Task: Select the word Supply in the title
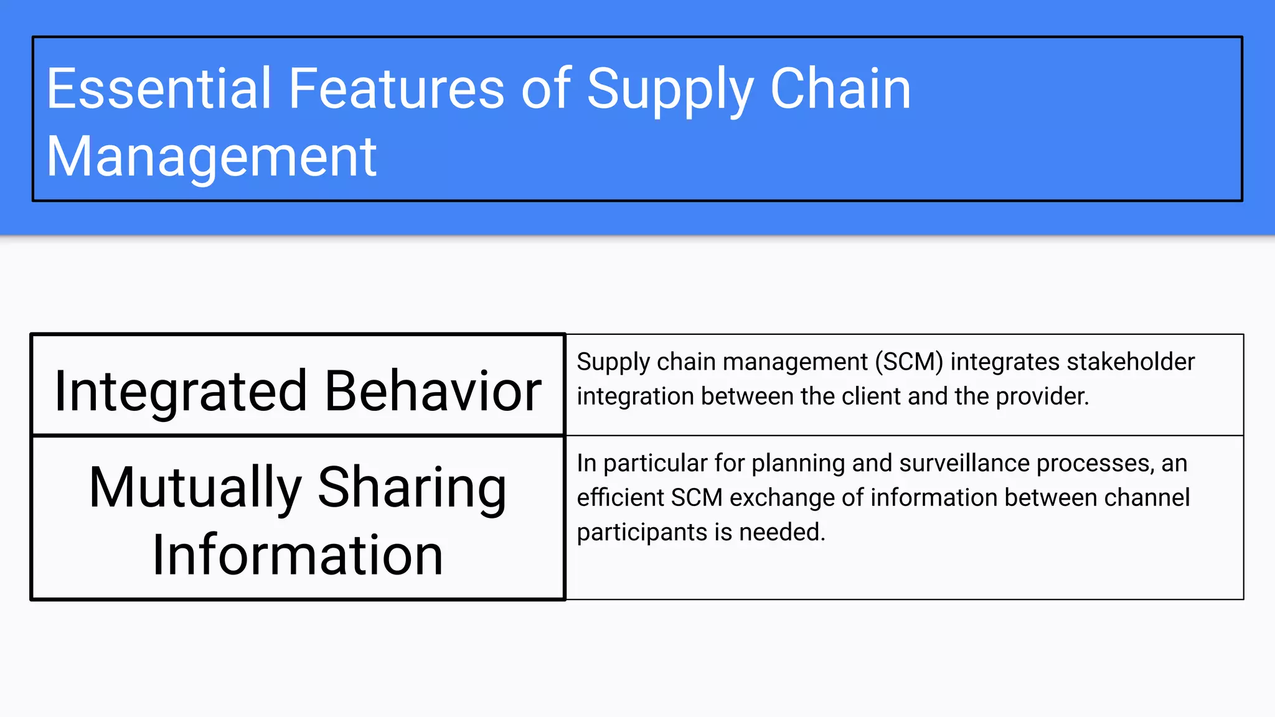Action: [x=670, y=90]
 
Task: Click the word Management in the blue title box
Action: [x=212, y=157]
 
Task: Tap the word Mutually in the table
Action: [x=195, y=488]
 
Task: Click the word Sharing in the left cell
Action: [x=412, y=488]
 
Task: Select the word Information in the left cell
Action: [x=298, y=555]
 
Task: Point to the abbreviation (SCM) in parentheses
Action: [x=909, y=362]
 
